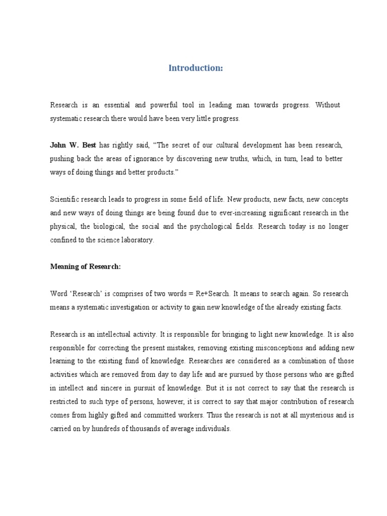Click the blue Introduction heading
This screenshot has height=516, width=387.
tap(196, 68)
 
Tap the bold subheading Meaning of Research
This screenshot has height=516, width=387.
tap(86, 267)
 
